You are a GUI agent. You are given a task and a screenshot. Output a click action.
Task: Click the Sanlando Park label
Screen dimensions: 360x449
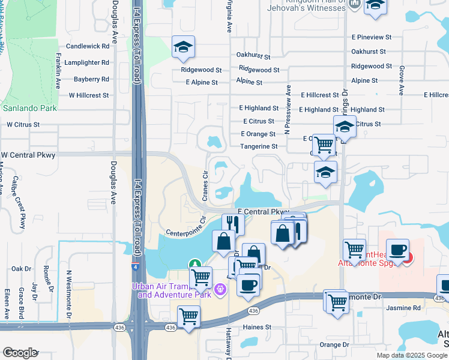[29, 109]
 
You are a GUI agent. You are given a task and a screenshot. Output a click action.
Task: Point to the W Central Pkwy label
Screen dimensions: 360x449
[28, 155]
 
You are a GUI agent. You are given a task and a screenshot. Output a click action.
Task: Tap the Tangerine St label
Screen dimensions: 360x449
[259, 146]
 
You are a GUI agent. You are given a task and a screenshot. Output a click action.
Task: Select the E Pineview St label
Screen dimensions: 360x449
[372, 37]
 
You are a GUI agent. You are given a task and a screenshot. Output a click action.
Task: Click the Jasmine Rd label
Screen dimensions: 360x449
[403, 308]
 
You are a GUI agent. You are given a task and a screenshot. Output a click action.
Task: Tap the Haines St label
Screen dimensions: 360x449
[257, 328]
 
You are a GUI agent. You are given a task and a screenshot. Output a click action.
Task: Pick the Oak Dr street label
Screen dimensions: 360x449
[20, 269]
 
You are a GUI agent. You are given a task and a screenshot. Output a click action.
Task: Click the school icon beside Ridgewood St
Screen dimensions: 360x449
[182, 47]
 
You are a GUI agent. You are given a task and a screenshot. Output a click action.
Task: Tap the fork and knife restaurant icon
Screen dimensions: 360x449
[232, 224]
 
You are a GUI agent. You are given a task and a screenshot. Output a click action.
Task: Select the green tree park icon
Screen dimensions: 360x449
[194, 264]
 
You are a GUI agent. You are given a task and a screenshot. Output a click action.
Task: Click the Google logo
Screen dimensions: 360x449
[20, 353]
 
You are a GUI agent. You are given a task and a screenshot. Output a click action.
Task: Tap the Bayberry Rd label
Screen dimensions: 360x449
[91, 79]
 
